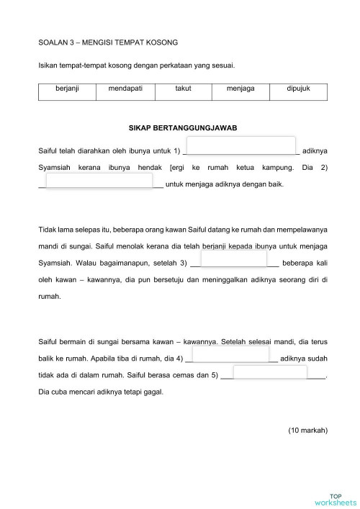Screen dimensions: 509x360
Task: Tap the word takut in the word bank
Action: click(182, 88)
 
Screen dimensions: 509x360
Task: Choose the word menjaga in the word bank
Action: click(240, 88)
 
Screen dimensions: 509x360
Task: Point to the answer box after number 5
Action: click(270, 371)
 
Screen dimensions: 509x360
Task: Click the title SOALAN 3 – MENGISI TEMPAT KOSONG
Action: click(108, 43)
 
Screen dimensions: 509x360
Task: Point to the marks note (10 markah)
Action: click(307, 431)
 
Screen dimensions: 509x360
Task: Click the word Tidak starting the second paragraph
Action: click(46, 230)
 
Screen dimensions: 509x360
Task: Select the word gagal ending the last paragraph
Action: click(153, 392)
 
